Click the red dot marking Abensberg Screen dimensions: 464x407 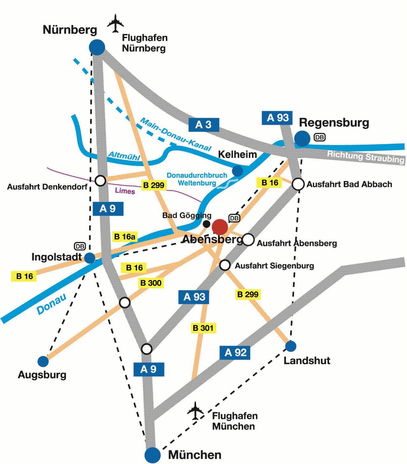(x=220, y=227)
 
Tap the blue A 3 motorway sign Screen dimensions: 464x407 (x=204, y=125)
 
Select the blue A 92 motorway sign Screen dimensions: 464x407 (x=236, y=353)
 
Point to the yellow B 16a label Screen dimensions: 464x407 (x=125, y=237)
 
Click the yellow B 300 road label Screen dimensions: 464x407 (x=151, y=283)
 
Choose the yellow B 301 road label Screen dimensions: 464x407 (x=203, y=328)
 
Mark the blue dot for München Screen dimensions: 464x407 (x=153, y=455)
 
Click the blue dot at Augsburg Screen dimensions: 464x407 (x=43, y=361)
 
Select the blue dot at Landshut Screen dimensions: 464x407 (x=290, y=346)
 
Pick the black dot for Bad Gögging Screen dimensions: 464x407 (x=207, y=224)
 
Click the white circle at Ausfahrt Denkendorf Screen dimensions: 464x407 (x=101, y=181)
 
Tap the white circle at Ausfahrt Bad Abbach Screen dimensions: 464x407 (x=298, y=184)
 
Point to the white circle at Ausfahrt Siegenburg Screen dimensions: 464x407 (x=225, y=265)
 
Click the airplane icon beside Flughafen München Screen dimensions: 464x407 (x=195, y=410)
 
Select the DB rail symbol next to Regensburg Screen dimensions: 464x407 (x=320, y=137)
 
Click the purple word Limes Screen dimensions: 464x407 (x=125, y=191)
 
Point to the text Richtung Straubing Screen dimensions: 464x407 (x=366, y=157)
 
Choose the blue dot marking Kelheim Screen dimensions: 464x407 (x=237, y=171)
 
